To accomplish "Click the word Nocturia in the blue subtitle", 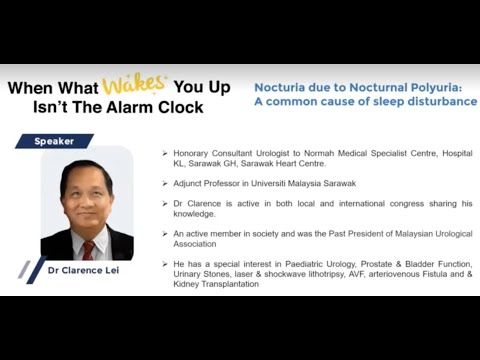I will point(285,87).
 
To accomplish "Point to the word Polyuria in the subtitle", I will point(433,87).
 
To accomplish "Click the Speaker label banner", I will point(54,141).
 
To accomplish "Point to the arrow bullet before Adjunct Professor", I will point(164,183).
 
